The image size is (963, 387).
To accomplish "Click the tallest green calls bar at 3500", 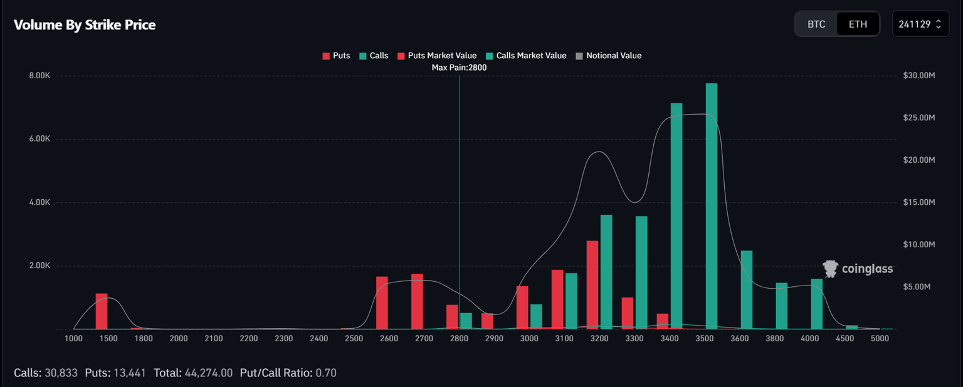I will pos(712,207).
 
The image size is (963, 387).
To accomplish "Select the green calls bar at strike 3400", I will pos(676,216).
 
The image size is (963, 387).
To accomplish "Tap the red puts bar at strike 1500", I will pos(102,311).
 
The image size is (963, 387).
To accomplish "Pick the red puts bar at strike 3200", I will pos(592,285).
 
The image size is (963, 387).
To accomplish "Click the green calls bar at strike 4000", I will pos(816,304).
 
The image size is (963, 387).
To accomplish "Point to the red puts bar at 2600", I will pos(382,302).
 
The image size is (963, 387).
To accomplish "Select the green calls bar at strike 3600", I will pos(746,290).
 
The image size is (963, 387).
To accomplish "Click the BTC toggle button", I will pos(816,24).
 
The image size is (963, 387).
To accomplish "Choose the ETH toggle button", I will pos(858,24).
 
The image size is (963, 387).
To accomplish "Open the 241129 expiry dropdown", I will pos(920,24).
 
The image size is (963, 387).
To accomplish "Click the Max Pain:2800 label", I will pos(459,68).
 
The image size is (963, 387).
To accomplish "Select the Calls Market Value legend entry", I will pos(526,56).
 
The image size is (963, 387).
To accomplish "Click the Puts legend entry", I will pos(336,56).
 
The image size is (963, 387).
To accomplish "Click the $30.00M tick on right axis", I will pos(919,76).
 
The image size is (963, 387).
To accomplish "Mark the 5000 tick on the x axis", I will pos(880,339).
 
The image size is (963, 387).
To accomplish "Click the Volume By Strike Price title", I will pos(85,25).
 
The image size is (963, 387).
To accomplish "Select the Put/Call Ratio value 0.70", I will pos(326,373).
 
